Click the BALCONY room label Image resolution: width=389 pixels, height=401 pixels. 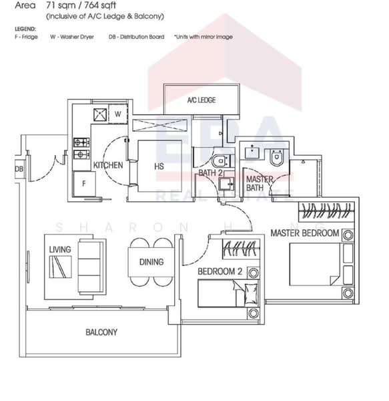point(101,332)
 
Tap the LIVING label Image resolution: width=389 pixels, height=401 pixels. point(59,249)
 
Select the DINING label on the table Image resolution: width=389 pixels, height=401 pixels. point(151,262)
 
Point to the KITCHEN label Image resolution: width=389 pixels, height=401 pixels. point(108,165)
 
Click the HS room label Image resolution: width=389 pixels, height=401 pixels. point(159,166)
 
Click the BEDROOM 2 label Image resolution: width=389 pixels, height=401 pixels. point(220,271)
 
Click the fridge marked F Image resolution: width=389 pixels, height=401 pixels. point(83,182)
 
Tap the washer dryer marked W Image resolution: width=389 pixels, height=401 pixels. point(117,114)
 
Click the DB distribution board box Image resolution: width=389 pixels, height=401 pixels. point(19,169)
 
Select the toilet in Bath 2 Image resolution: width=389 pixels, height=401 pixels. point(220,161)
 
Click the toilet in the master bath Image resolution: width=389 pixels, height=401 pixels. point(277,158)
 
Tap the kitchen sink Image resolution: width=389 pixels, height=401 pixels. point(99,114)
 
